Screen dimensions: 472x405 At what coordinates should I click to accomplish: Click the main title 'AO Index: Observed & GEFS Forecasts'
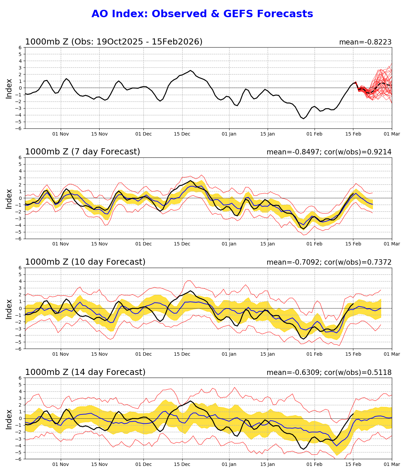(x=202, y=14)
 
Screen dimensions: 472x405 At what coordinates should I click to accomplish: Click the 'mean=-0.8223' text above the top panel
(x=365, y=42)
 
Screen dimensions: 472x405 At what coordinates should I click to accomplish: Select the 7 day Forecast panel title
(x=82, y=152)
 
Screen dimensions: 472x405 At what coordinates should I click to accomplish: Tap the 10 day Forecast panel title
(x=85, y=262)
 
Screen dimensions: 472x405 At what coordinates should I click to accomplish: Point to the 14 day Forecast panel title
(x=85, y=372)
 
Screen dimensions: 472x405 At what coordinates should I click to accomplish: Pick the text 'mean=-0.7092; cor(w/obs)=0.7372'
(x=329, y=262)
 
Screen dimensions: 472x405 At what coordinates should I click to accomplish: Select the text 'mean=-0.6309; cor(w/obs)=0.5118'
(x=329, y=373)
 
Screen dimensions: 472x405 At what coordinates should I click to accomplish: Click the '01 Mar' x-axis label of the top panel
(x=392, y=134)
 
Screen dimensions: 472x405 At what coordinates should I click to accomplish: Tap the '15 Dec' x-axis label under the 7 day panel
(x=182, y=244)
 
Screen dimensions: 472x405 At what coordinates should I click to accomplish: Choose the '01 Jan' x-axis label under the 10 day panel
(x=229, y=354)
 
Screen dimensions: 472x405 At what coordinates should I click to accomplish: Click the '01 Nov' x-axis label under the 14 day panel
(x=61, y=464)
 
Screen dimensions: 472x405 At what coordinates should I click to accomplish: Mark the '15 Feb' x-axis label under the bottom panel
(x=353, y=464)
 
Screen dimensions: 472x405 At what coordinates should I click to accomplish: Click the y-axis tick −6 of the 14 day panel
(x=20, y=459)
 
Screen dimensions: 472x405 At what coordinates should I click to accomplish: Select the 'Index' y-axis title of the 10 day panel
(x=9, y=308)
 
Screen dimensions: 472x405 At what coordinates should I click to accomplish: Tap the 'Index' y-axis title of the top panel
(x=9, y=88)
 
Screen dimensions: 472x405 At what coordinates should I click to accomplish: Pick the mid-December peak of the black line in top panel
(x=190, y=70)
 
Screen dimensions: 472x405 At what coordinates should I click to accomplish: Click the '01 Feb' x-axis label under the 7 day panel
(x=314, y=244)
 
